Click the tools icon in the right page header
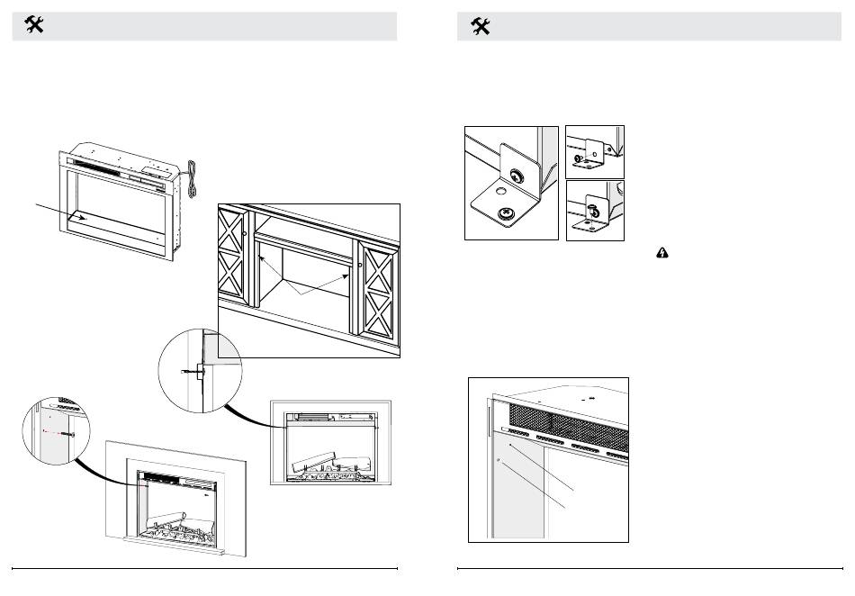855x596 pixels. (481, 27)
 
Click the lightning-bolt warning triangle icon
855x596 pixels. (661, 255)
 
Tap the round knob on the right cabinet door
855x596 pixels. (359, 266)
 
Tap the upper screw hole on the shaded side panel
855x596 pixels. (509, 444)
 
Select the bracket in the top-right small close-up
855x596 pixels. (594, 148)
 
